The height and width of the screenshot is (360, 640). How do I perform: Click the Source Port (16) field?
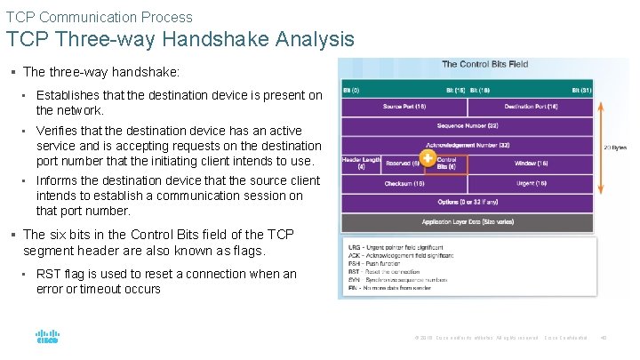[404, 107]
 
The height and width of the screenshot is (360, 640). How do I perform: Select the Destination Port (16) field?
[530, 107]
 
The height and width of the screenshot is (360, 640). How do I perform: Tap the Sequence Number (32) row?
[468, 126]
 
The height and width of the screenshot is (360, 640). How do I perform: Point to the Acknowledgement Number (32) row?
[468, 145]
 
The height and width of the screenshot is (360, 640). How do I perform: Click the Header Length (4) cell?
[361, 164]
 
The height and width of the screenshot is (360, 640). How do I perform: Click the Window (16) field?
[531, 164]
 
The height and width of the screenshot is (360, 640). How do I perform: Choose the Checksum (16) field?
[404, 183]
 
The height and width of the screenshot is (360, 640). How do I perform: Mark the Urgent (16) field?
[531, 183]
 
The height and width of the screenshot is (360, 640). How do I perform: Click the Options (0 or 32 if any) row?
[468, 202]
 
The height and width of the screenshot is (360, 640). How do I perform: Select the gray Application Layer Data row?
[468, 221]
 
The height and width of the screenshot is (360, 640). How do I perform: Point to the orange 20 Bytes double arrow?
[602, 147]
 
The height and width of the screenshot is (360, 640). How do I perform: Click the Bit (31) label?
[581, 90]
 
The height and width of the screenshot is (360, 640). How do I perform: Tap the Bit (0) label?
[352, 90]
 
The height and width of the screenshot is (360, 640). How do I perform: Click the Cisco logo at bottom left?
[47, 337]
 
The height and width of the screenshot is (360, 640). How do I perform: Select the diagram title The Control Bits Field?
[484, 64]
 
